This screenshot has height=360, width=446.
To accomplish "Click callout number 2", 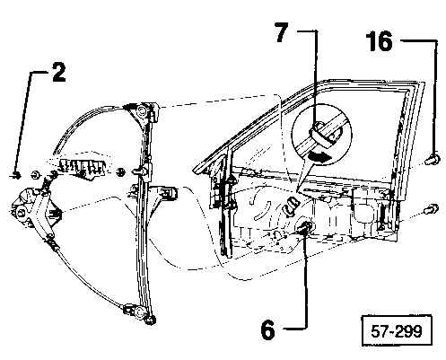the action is point(59,72).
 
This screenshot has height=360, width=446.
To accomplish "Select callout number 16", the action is point(380,41).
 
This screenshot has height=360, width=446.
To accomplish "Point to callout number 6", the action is point(267,329).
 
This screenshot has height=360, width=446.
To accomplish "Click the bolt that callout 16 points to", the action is point(433,158).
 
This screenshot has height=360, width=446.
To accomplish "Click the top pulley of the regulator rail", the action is point(141,110).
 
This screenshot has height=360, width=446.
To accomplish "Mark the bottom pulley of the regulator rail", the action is point(139,312).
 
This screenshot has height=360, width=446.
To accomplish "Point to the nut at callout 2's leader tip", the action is point(17,176).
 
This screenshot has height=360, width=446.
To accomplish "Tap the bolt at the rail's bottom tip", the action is point(152,320).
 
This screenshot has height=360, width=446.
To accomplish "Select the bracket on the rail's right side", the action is point(165,193).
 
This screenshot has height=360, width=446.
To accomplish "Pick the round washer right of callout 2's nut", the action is point(36,175).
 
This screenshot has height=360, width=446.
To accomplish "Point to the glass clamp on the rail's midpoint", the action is point(140,171).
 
